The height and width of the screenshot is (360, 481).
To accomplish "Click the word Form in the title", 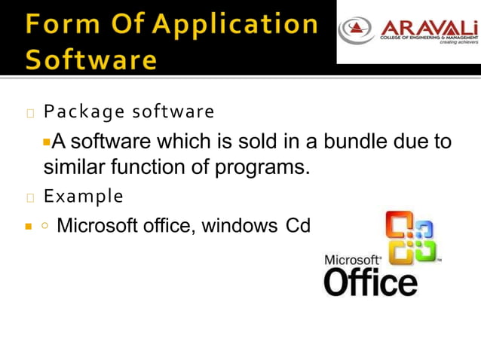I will pos(60,24).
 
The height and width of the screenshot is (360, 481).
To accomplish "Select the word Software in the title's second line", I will pos(91,59).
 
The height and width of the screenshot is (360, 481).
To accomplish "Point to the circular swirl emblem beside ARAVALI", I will pos(355,29).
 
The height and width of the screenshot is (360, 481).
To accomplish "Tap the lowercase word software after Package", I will pos(173,112).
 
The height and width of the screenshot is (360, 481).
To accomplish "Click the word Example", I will pos(83,197).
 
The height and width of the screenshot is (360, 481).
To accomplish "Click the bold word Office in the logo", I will pos(370,282).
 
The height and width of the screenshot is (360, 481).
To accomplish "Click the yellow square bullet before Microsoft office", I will pos(28,226).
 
